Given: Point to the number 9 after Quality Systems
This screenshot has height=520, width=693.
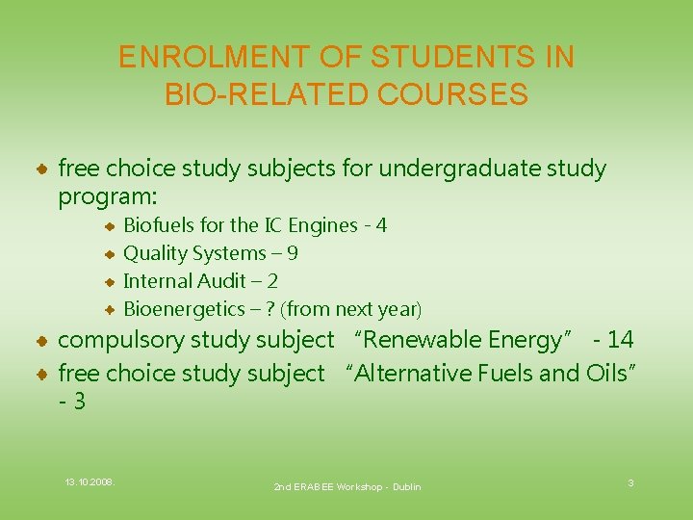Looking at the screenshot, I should click(293, 253).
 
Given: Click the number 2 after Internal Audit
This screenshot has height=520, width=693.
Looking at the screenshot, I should click(273, 281).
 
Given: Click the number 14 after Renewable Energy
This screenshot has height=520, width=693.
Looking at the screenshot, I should click(620, 340).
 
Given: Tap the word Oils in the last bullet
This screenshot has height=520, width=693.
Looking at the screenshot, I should click(606, 373).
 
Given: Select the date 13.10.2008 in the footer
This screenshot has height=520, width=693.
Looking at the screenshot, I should click(90, 481).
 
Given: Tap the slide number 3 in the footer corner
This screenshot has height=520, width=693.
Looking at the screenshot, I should click(630, 481).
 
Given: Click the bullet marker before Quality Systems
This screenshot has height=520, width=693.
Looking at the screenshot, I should click(111, 254).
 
